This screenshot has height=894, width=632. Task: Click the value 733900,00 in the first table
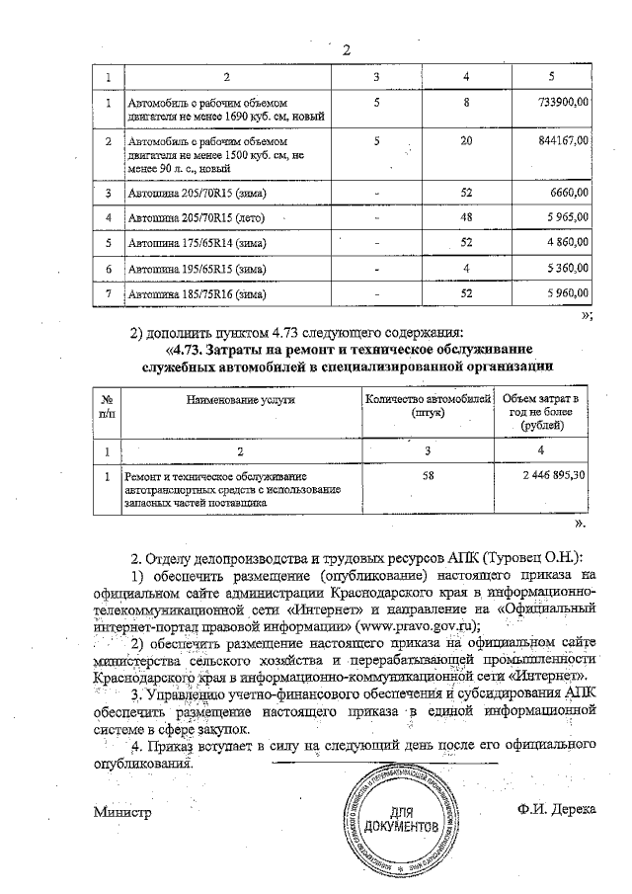(562, 102)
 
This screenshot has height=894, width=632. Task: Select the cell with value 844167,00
(562, 141)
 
